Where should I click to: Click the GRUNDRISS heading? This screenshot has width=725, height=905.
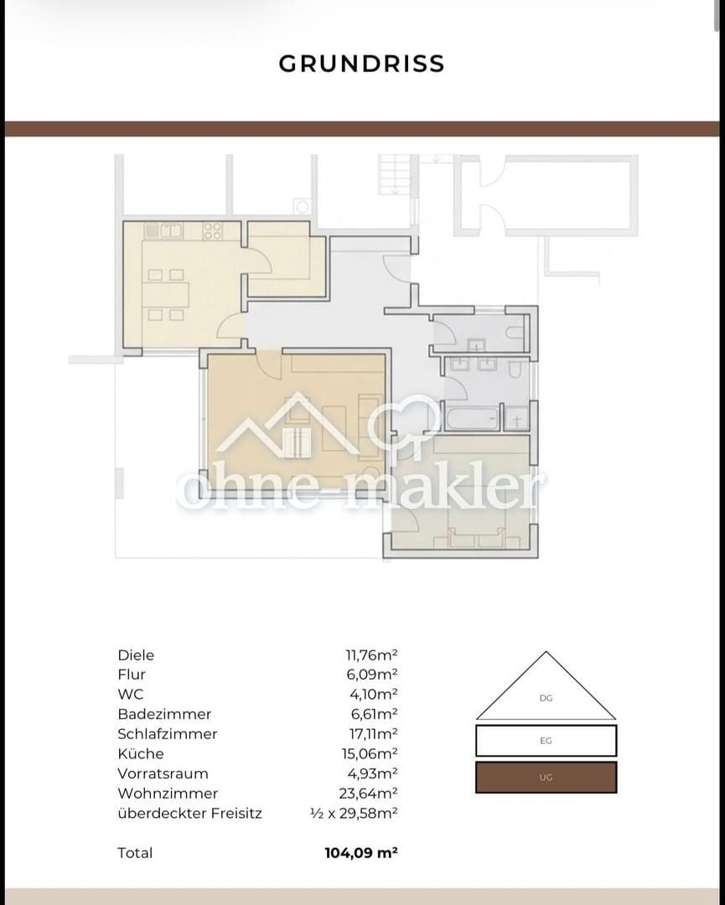pos(361,64)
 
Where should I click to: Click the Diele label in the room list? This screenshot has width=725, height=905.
pos(137,655)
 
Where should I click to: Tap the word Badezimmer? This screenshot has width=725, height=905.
pos(164,714)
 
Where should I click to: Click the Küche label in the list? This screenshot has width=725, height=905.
pos(141,753)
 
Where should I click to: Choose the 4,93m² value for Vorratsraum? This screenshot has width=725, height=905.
pos(373,773)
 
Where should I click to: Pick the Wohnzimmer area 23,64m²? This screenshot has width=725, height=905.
pos(368,793)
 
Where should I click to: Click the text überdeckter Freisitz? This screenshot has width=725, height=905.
pos(190,813)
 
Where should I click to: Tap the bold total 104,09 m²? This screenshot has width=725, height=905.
pos(361,852)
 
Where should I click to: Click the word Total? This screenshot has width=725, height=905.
pos(135,852)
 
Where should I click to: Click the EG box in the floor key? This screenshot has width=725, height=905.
pos(546,741)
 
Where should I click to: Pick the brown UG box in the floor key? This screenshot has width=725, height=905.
pos(546,777)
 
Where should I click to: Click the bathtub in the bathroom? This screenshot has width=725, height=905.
pos(471,418)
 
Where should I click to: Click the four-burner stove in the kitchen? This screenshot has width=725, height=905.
pos(212,231)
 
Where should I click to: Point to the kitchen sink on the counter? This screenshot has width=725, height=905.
pos(171,231)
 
